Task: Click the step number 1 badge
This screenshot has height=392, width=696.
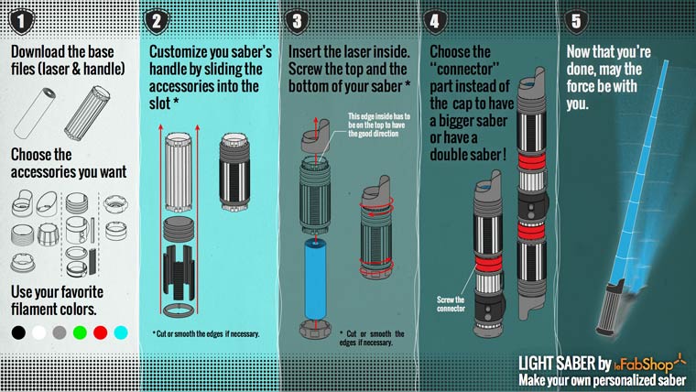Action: [22, 21]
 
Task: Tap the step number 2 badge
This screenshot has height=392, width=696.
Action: [157, 21]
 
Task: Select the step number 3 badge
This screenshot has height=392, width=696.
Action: [297, 21]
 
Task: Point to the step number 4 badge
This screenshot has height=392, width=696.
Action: [435, 21]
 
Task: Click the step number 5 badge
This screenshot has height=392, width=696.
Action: [576, 21]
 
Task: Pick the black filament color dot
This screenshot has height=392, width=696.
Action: [18, 332]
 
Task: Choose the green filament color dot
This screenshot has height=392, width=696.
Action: [80, 332]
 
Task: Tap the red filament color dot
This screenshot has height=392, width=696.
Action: [101, 332]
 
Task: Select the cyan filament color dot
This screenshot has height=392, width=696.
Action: [121, 332]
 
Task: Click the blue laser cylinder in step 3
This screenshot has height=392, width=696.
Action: [315, 278]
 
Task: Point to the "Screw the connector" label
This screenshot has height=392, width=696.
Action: [451, 304]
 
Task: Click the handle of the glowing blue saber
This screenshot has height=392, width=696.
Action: [612, 307]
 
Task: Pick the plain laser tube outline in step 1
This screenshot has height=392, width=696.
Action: [35, 114]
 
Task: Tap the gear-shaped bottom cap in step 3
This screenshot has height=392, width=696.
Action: [315, 330]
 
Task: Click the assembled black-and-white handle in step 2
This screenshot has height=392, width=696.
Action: [234, 172]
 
